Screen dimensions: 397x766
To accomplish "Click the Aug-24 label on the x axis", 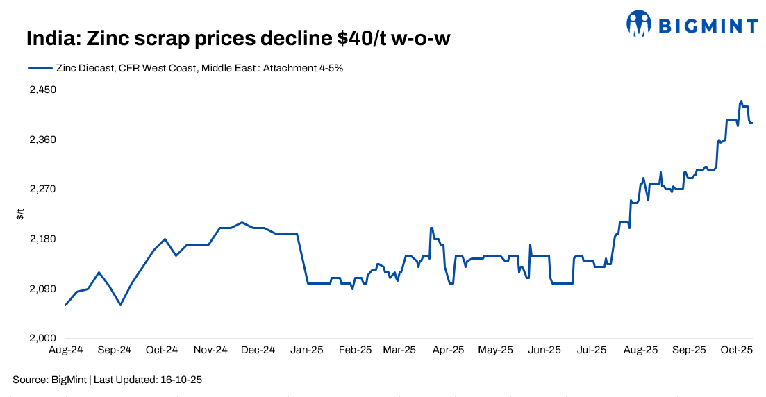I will tap(65, 350).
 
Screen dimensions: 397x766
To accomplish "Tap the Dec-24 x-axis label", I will tap(258, 350).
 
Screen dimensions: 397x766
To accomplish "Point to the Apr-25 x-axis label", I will tap(448, 350).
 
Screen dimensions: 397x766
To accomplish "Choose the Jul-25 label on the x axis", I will tap(592, 350).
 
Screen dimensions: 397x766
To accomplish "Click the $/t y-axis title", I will tap(20, 214).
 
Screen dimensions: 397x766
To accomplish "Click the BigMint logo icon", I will tap(638, 24).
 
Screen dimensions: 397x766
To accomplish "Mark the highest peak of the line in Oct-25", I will tap(741, 101).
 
